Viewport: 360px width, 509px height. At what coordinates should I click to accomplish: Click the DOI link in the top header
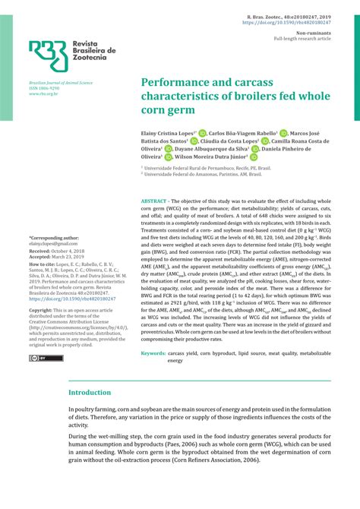coord(286,23)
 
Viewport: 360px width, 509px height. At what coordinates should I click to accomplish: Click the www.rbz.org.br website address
coord(43,93)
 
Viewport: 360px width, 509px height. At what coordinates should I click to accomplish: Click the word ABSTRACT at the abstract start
coord(156,200)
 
